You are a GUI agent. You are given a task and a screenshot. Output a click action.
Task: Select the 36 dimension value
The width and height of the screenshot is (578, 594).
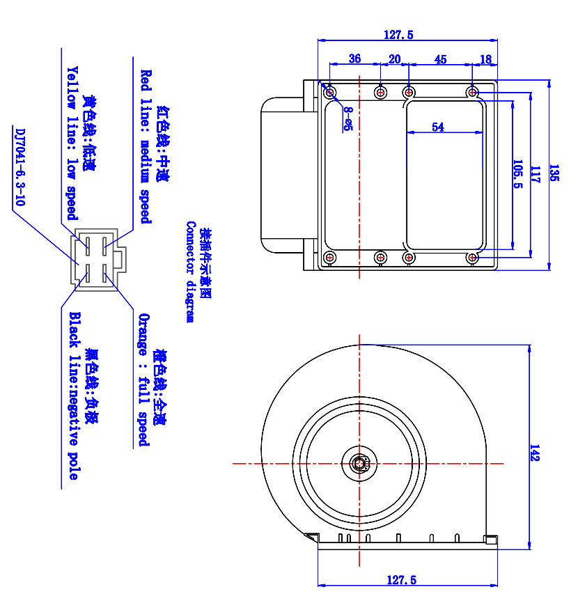pos(354,59)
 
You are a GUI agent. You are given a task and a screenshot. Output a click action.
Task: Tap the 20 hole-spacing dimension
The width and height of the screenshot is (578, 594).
pos(394,59)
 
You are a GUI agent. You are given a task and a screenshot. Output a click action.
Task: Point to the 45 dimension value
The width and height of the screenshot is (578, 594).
pos(440,59)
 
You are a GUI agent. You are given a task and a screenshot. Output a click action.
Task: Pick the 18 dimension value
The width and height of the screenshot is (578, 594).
pos(485,59)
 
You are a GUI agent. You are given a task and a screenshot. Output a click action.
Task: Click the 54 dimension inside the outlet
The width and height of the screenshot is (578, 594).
pos(438,127)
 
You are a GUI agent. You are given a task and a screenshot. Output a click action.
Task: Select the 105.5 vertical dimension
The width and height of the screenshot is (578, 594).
pos(517,175)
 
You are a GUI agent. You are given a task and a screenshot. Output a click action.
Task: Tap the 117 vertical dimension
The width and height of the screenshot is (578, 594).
pos(535,174)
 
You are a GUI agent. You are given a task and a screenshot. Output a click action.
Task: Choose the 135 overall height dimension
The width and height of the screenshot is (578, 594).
pos(554,173)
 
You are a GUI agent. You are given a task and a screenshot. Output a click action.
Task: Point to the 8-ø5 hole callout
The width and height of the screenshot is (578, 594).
pos(347,119)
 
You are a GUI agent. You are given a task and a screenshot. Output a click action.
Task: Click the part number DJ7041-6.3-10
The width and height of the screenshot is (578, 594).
pos(19,166)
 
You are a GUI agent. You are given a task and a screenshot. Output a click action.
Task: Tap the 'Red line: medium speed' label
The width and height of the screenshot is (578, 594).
pos(146,146)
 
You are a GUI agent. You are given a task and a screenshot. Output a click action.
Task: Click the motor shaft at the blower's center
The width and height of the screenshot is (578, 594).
pos(359,462)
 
